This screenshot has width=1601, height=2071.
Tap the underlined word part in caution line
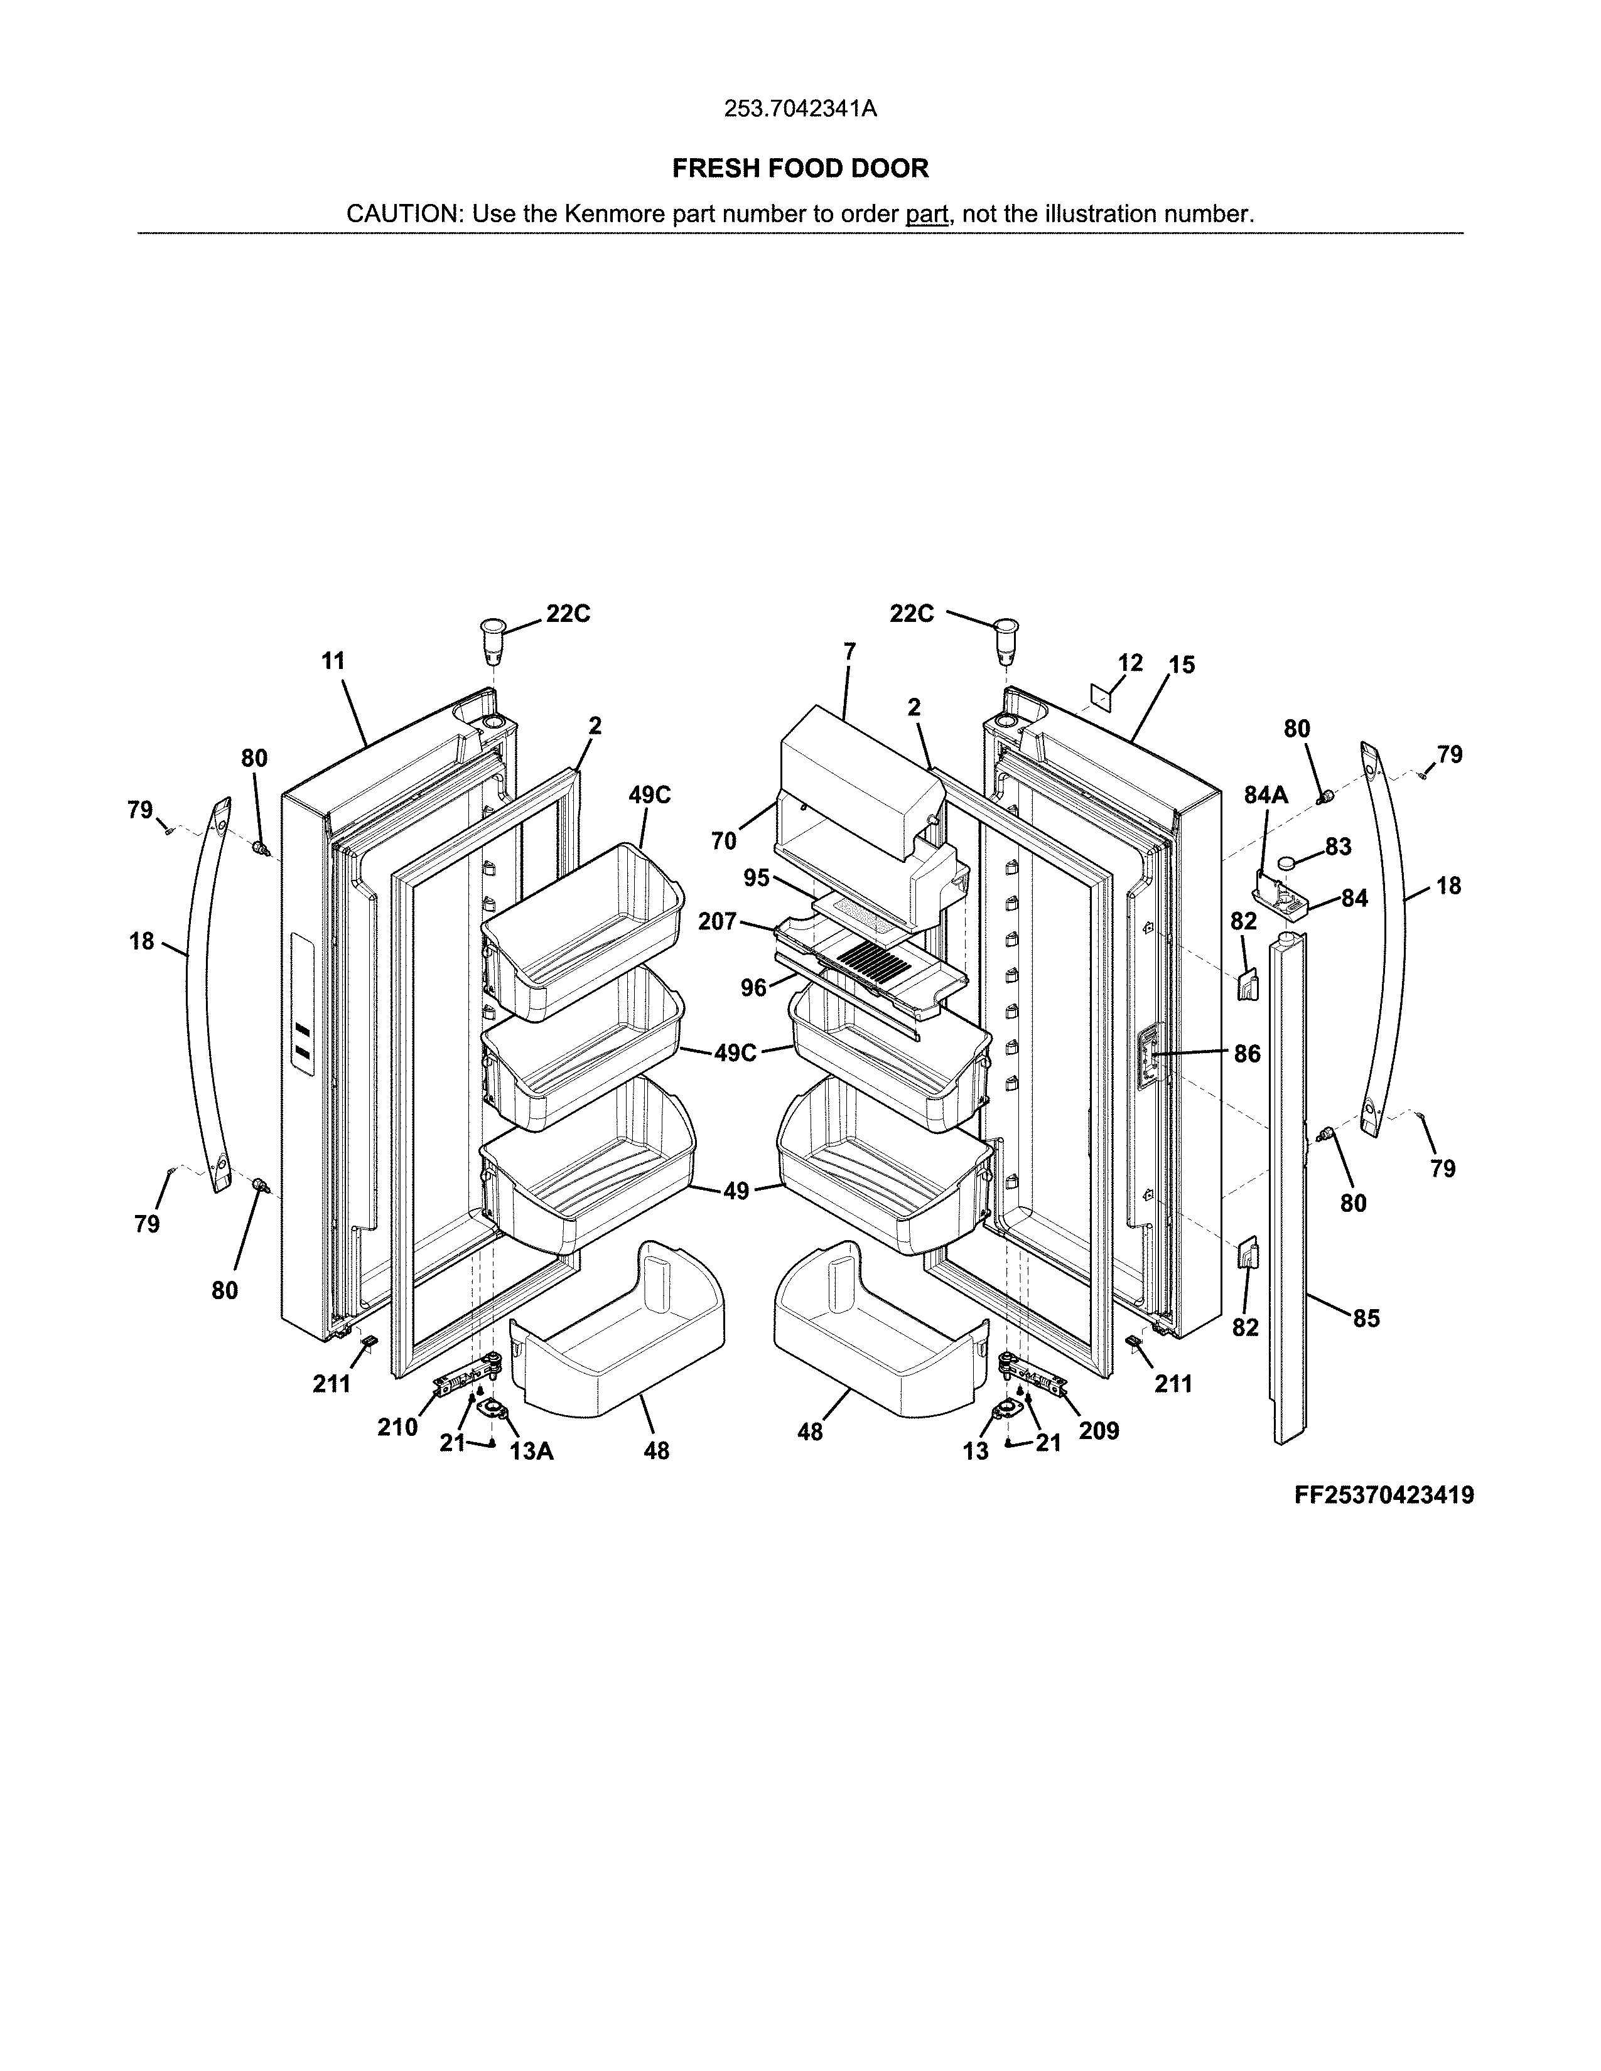pyautogui.click(x=927, y=214)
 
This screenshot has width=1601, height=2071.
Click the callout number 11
pyautogui.click(x=333, y=661)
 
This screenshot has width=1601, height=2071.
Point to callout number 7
pyautogui.click(x=849, y=651)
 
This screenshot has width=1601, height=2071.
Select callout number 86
pyautogui.click(x=1248, y=1054)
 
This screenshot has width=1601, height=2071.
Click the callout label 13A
pyautogui.click(x=531, y=1451)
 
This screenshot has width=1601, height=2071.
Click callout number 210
pyautogui.click(x=397, y=1427)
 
